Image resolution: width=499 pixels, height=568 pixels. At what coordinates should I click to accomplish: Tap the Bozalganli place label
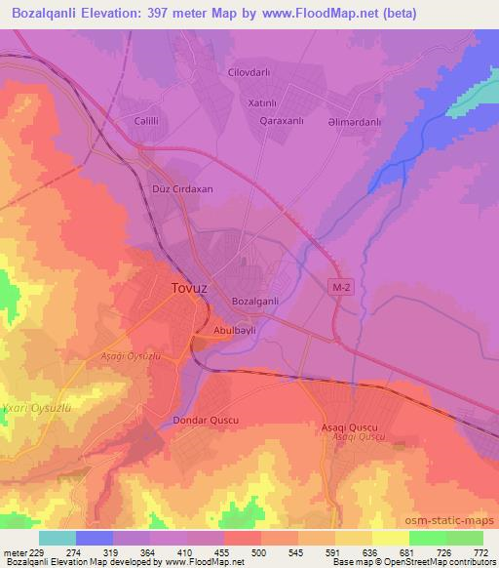point(257,302)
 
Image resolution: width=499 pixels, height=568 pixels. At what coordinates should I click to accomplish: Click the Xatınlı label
point(263,102)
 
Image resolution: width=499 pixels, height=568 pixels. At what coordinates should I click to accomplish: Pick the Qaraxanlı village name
point(285,123)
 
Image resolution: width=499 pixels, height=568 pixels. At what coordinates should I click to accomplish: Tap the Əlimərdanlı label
point(368,123)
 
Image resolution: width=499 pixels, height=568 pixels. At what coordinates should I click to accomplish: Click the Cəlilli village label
point(147,121)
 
